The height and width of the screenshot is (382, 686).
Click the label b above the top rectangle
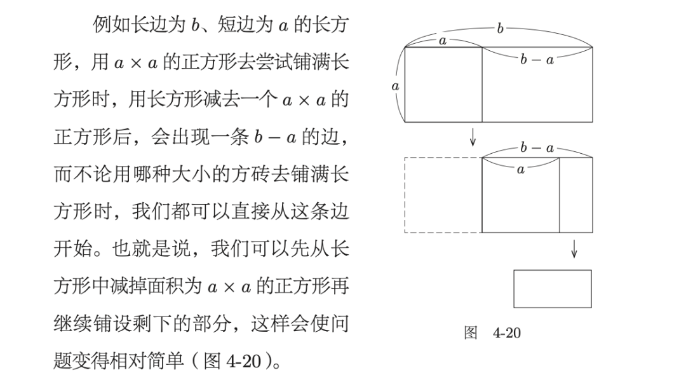[x=501, y=29]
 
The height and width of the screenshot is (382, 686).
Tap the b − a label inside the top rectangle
[x=537, y=60]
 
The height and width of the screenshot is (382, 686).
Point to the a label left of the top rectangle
[x=395, y=85]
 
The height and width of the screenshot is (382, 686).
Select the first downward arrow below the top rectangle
[x=473, y=137]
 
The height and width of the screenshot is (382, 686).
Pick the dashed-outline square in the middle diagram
[x=443, y=195]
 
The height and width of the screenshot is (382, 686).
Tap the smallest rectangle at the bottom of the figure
[x=552, y=289]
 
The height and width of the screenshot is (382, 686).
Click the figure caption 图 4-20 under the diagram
[x=492, y=332]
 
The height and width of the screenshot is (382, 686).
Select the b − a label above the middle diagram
[x=537, y=148]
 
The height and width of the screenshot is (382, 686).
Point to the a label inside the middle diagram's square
[x=521, y=170]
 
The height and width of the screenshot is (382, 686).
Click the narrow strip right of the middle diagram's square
[x=575, y=195]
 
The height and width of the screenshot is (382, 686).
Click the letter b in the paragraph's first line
[x=194, y=25]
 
